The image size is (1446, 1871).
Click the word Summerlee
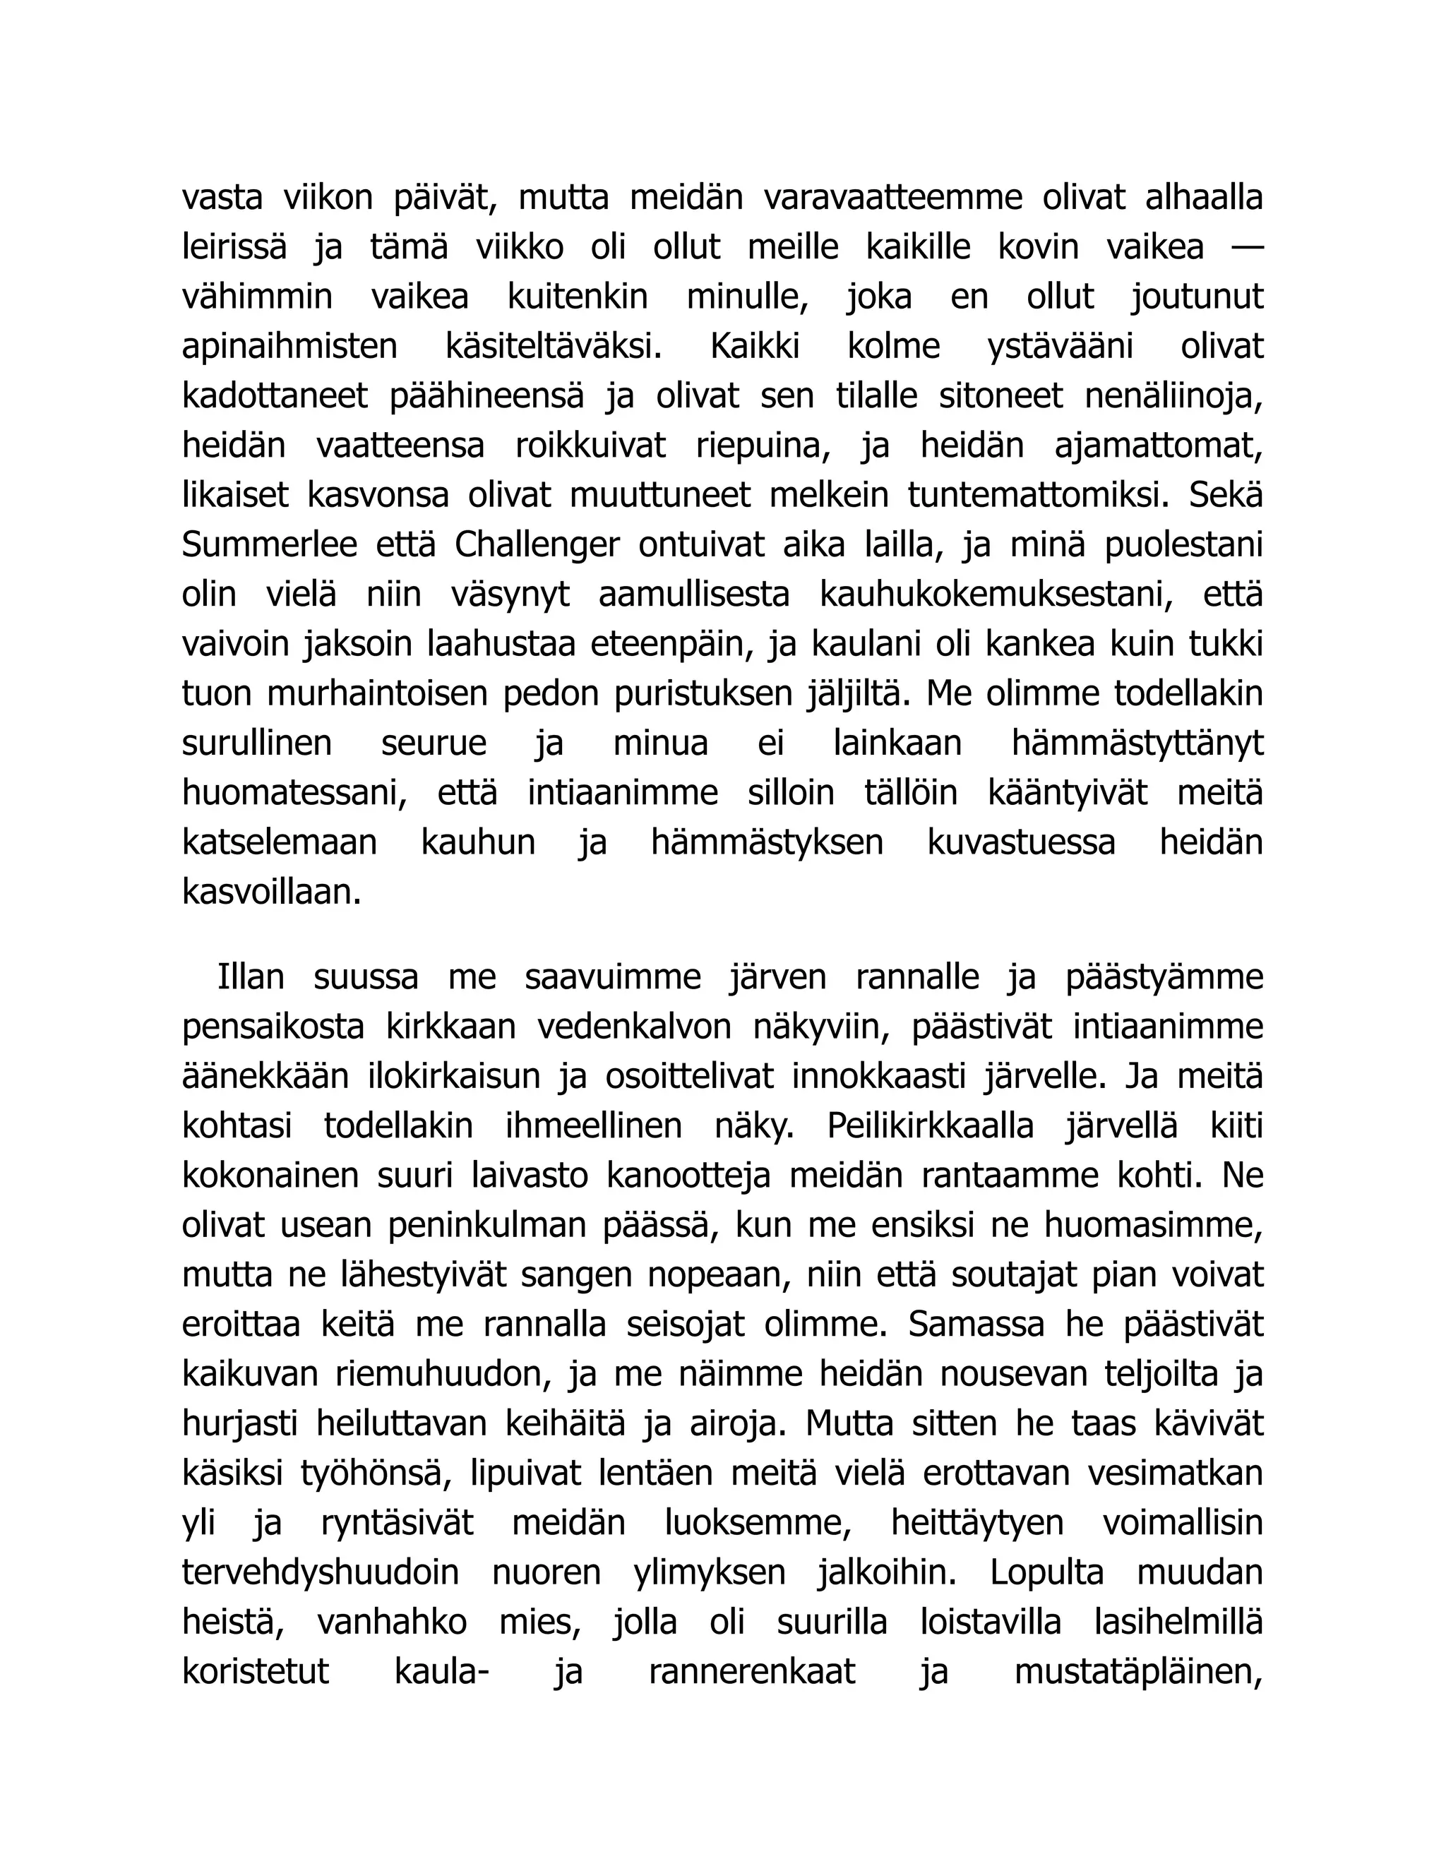click(x=269, y=546)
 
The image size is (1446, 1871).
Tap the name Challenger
click(x=537, y=546)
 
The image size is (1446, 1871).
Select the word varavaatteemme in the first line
click(x=892, y=198)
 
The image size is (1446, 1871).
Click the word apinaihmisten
click(x=289, y=347)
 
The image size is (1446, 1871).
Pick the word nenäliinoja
click(x=1173, y=397)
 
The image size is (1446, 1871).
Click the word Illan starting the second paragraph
click(x=250, y=977)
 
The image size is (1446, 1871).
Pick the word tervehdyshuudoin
click(x=321, y=1574)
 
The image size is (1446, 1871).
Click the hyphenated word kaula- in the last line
click(x=441, y=1673)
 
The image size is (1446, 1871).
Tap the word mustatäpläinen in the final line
click(x=1138, y=1673)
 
